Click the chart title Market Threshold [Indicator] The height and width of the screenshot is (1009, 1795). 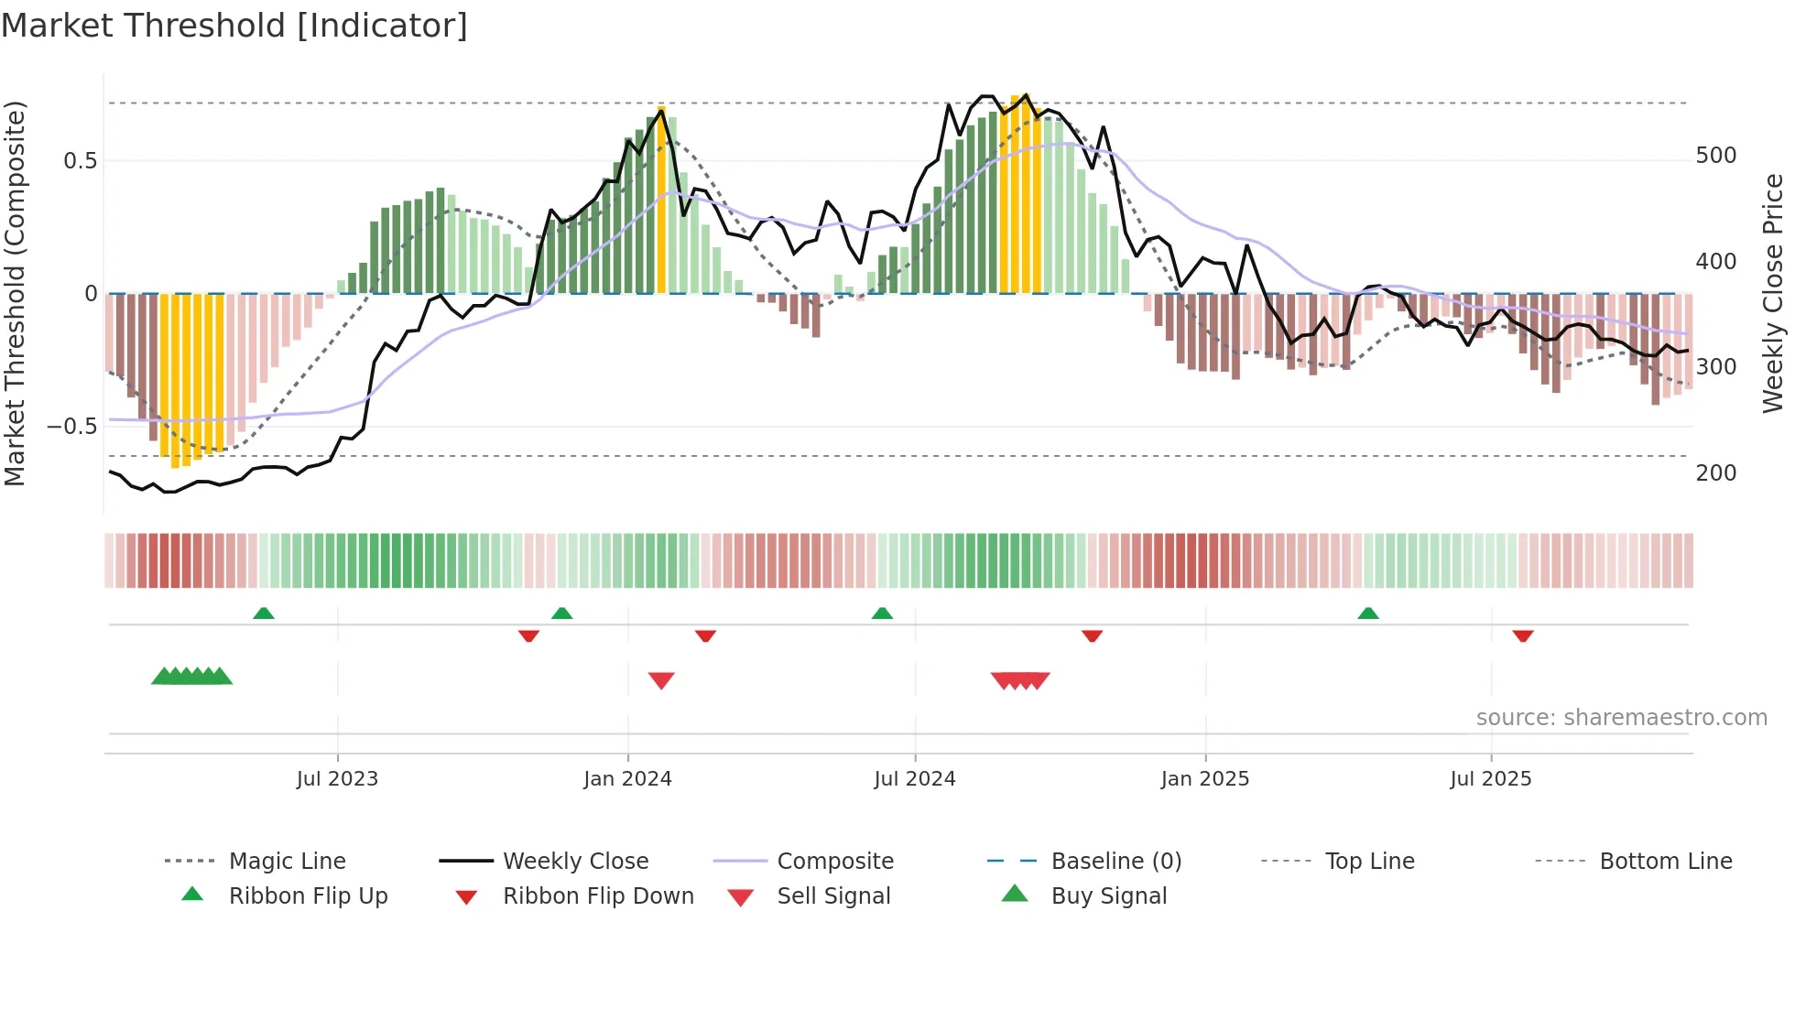coord(234,26)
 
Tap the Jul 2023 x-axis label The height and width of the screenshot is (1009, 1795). coord(337,779)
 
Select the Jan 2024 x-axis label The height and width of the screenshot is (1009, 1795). coord(627,779)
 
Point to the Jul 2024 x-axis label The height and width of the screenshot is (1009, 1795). coord(914,779)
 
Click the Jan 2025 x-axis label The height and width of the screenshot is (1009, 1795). coord(1204,779)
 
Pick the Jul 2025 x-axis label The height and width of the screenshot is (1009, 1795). coord(1490,779)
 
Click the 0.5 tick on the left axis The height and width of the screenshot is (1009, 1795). coord(80,161)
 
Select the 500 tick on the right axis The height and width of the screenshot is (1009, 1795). coord(1715,156)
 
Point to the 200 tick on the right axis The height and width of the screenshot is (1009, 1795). coord(1715,473)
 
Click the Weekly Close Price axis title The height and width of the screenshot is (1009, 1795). coord(1773,293)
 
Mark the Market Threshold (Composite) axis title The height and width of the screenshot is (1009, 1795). coord(15,293)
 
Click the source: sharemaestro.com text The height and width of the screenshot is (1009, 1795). coord(1621,718)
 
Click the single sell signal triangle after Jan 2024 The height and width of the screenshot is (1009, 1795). coord(661,680)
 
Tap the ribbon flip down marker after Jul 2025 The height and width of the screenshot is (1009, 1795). coord(1523,635)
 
